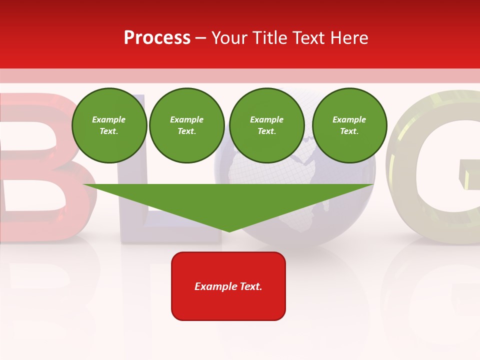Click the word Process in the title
(157, 38)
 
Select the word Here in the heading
(348, 38)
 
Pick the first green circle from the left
(109, 125)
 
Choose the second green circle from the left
(187, 125)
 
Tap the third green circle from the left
(267, 125)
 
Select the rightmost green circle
(349, 125)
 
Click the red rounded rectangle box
(228, 300)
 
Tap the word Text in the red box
(251, 286)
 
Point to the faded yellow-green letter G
(435, 210)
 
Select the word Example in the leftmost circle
(109, 119)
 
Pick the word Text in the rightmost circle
(349, 131)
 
